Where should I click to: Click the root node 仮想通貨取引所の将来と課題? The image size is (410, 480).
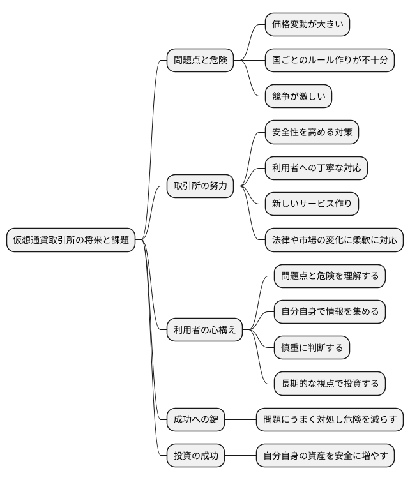[71, 240]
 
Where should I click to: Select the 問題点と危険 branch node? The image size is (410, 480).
[200, 61]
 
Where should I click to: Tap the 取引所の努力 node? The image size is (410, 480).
[200, 186]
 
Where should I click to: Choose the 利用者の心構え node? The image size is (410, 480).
[204, 330]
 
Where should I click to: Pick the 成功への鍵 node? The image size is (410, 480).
[196, 420]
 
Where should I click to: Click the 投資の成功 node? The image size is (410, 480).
[196, 456]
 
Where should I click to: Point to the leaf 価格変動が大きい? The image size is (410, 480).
[307, 25]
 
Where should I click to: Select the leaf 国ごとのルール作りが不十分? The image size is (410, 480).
[330, 61]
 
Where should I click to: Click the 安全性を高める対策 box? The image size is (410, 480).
[312, 133]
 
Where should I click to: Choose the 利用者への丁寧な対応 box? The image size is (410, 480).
[316, 169]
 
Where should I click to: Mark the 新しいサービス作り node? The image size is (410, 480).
[312, 204]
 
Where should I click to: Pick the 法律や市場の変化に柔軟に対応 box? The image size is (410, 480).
[334, 240]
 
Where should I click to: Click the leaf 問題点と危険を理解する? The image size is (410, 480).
[330, 276]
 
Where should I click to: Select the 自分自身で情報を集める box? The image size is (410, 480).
[330, 312]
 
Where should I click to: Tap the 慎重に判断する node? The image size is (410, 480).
[312, 348]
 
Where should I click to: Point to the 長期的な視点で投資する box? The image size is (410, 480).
[330, 384]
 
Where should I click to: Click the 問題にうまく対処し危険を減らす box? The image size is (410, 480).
[330, 420]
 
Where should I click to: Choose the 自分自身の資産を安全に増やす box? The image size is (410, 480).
[325, 456]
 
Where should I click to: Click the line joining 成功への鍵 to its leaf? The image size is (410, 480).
[241, 420]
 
